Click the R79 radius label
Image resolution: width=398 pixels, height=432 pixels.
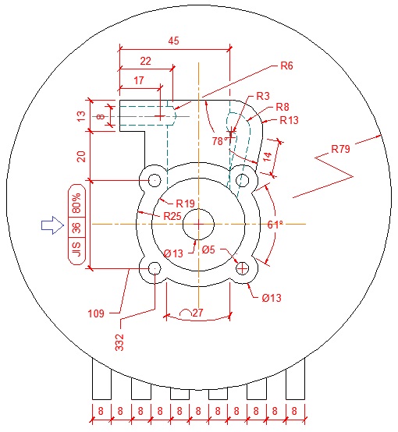(x=341, y=148)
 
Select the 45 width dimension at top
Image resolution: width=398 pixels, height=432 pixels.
(x=174, y=41)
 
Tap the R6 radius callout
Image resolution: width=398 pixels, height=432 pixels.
(x=286, y=66)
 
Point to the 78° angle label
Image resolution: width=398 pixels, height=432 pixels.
(x=222, y=140)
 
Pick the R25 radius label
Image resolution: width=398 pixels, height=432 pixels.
(x=172, y=215)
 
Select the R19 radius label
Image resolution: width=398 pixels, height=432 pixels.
(x=185, y=204)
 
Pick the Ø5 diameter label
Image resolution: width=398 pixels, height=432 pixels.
(x=208, y=250)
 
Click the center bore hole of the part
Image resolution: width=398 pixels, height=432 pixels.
(x=199, y=225)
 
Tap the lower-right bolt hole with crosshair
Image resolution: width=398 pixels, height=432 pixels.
(x=243, y=268)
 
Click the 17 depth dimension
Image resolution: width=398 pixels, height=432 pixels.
(x=139, y=80)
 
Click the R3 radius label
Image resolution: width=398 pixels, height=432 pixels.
(x=263, y=95)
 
